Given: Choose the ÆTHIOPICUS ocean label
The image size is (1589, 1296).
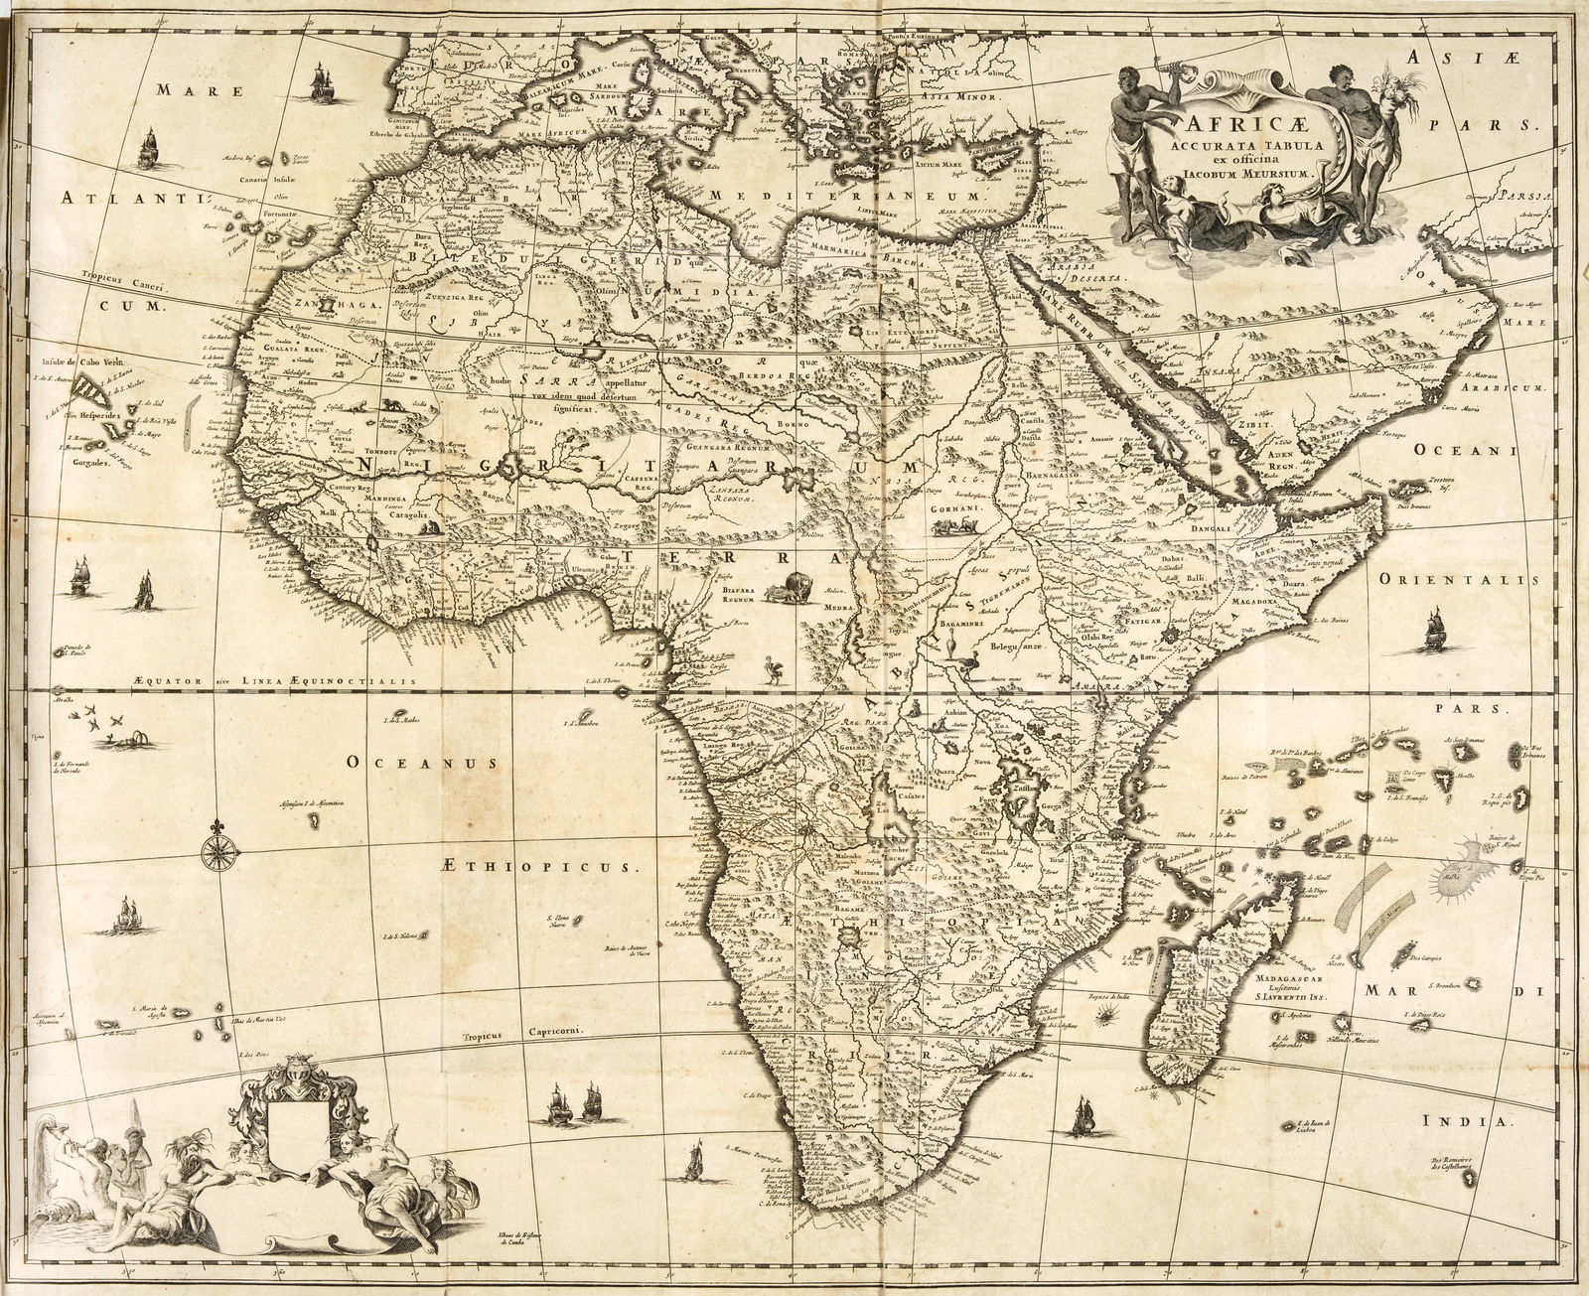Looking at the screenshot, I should (563, 865).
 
